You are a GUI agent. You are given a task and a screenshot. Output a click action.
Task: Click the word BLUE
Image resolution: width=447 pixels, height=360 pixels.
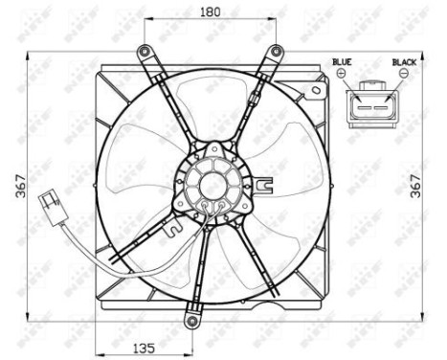[342, 61]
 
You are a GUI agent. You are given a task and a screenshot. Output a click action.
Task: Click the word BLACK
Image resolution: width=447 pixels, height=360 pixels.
[404, 61]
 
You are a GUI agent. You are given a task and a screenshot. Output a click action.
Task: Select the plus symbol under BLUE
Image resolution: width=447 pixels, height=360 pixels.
[342, 73]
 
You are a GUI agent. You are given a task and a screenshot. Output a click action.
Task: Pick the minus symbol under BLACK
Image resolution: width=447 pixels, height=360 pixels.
[404, 73]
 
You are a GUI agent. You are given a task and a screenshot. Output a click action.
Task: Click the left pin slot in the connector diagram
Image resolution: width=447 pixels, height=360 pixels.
[364, 100]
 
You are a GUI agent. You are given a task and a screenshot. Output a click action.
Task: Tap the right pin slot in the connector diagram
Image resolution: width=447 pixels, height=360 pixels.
[384, 100]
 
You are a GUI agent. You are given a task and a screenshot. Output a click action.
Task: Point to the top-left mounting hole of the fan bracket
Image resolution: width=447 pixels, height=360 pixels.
[144, 51]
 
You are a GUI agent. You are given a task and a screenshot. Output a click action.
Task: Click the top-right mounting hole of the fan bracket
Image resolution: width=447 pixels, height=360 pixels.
[277, 51]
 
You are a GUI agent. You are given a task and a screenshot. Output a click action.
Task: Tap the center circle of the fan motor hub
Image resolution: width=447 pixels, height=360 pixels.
[212, 181]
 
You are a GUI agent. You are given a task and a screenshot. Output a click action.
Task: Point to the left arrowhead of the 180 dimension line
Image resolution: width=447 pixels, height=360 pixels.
[146, 23]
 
